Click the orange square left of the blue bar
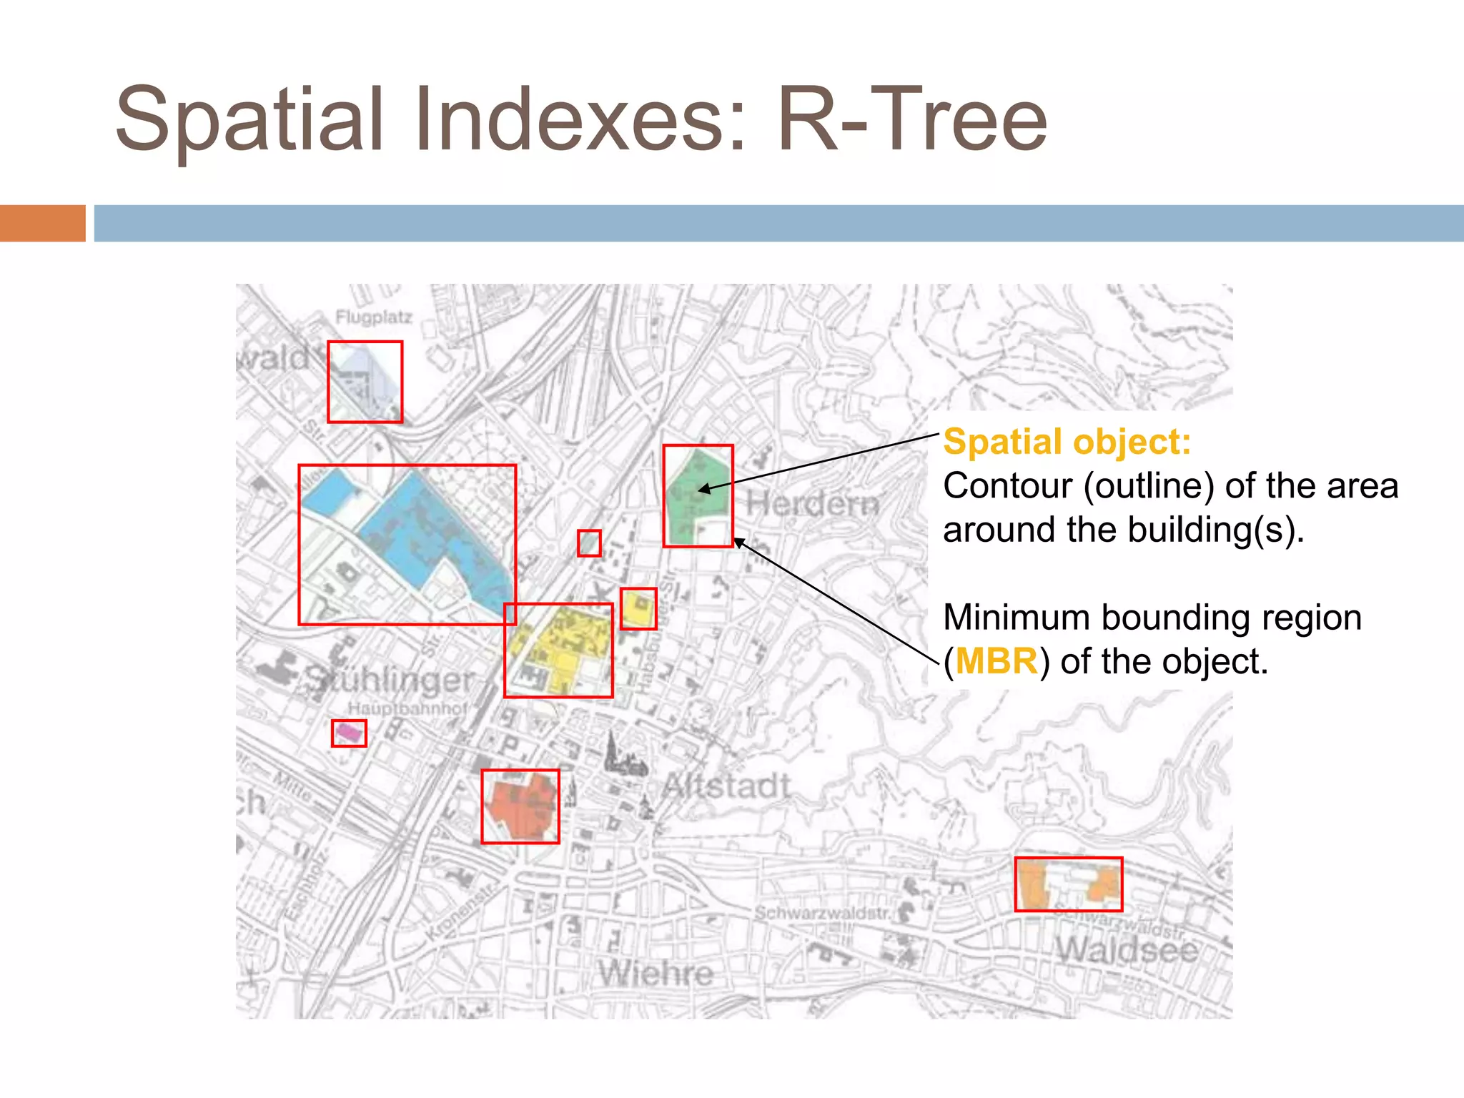click(x=42, y=223)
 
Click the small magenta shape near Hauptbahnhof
click(x=348, y=732)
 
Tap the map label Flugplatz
click(x=374, y=317)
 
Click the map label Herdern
click(x=813, y=504)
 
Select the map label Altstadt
click(x=726, y=786)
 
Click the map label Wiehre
click(x=656, y=973)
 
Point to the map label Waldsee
click(x=1127, y=950)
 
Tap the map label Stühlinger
click(x=390, y=679)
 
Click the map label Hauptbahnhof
click(x=407, y=708)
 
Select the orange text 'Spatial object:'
click(x=1067, y=441)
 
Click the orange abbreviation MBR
click(x=996, y=661)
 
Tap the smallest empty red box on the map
click(x=589, y=543)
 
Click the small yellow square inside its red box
click(x=638, y=609)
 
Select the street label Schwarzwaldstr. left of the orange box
click(x=823, y=913)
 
